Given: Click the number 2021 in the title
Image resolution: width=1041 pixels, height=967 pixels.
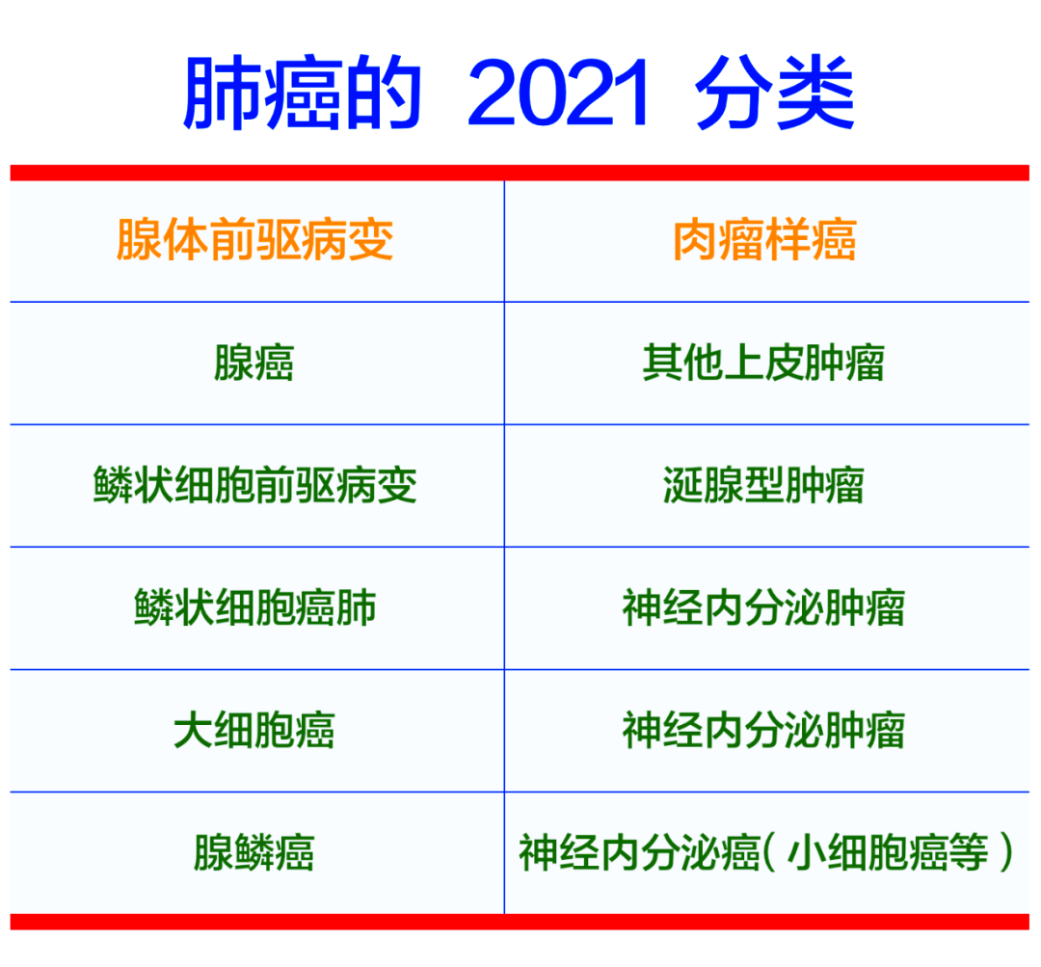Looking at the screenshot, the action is [x=558, y=93].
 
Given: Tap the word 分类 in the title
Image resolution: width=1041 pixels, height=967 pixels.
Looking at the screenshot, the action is [x=775, y=93].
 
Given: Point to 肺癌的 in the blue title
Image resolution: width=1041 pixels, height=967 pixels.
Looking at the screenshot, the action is [x=302, y=93].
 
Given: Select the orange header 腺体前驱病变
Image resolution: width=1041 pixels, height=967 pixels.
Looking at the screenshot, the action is [x=255, y=240].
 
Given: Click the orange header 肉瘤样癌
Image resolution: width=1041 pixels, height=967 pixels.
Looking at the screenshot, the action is [x=764, y=240].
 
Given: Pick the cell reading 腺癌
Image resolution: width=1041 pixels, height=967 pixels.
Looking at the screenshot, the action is [x=254, y=363].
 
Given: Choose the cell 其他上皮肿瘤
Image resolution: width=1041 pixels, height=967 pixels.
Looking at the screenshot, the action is [x=764, y=363].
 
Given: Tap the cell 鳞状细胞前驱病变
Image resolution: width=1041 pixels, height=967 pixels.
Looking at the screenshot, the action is [x=255, y=485].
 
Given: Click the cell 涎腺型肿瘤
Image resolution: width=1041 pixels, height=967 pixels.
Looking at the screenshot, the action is [x=764, y=485].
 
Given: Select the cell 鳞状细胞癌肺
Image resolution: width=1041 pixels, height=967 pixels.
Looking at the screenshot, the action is [x=255, y=607].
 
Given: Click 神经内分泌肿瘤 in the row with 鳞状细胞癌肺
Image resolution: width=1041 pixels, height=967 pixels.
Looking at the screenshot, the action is [x=764, y=607].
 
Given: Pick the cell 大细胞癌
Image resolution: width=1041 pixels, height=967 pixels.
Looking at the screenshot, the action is [x=254, y=730].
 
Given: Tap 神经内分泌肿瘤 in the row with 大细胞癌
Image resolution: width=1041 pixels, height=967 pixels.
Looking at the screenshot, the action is [x=764, y=730].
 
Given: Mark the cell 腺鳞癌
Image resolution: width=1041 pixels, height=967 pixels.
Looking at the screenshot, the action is [x=254, y=852].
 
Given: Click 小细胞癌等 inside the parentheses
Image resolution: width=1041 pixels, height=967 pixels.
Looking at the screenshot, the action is [x=888, y=852].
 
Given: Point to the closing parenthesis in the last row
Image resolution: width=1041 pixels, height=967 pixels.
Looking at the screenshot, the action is [x=1005, y=852].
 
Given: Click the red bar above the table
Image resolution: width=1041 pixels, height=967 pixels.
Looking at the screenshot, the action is [x=520, y=173].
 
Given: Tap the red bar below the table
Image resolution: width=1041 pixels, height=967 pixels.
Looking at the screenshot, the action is [x=520, y=922].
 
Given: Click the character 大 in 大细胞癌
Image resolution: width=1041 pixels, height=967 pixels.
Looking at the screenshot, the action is [x=193, y=730].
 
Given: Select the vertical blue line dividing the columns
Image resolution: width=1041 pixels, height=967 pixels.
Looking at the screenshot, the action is [x=504, y=548].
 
